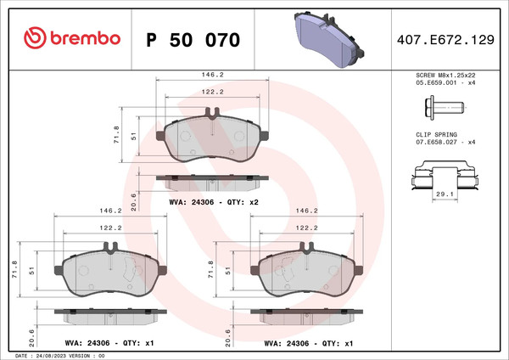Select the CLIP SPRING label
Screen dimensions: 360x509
(x=436, y=135)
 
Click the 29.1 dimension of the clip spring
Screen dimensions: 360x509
(x=441, y=194)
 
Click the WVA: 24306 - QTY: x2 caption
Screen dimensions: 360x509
(x=213, y=203)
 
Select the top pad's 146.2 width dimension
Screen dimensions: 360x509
(x=212, y=75)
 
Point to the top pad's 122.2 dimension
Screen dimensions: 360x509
(x=212, y=93)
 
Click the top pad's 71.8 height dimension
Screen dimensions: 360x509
(x=116, y=135)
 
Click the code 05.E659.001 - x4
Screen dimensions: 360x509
(x=446, y=84)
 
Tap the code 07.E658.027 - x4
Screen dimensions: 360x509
(x=446, y=143)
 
